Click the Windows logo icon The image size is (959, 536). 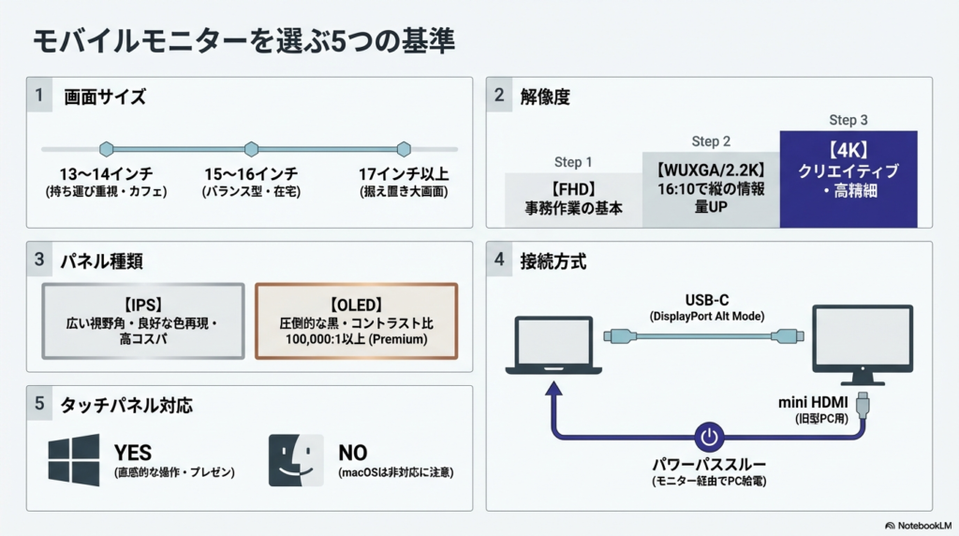pos(74,459)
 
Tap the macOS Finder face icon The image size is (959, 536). pos(296,459)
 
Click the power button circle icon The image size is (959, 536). pos(708,437)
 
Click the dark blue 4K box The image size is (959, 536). pos(848,179)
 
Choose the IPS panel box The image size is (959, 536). pos(143,321)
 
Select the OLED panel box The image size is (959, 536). pos(356,321)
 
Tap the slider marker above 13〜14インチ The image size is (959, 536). pos(107,149)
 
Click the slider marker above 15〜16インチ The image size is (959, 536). pos(251,149)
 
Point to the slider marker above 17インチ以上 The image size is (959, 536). pos(404,149)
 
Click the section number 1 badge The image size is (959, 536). pos(39,96)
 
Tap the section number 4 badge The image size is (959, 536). pos(499,261)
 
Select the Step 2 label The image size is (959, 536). pos(711,141)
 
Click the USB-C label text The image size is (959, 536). pos(707,300)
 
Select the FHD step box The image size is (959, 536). pos(573,200)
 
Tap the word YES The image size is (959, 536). pos(132,453)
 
